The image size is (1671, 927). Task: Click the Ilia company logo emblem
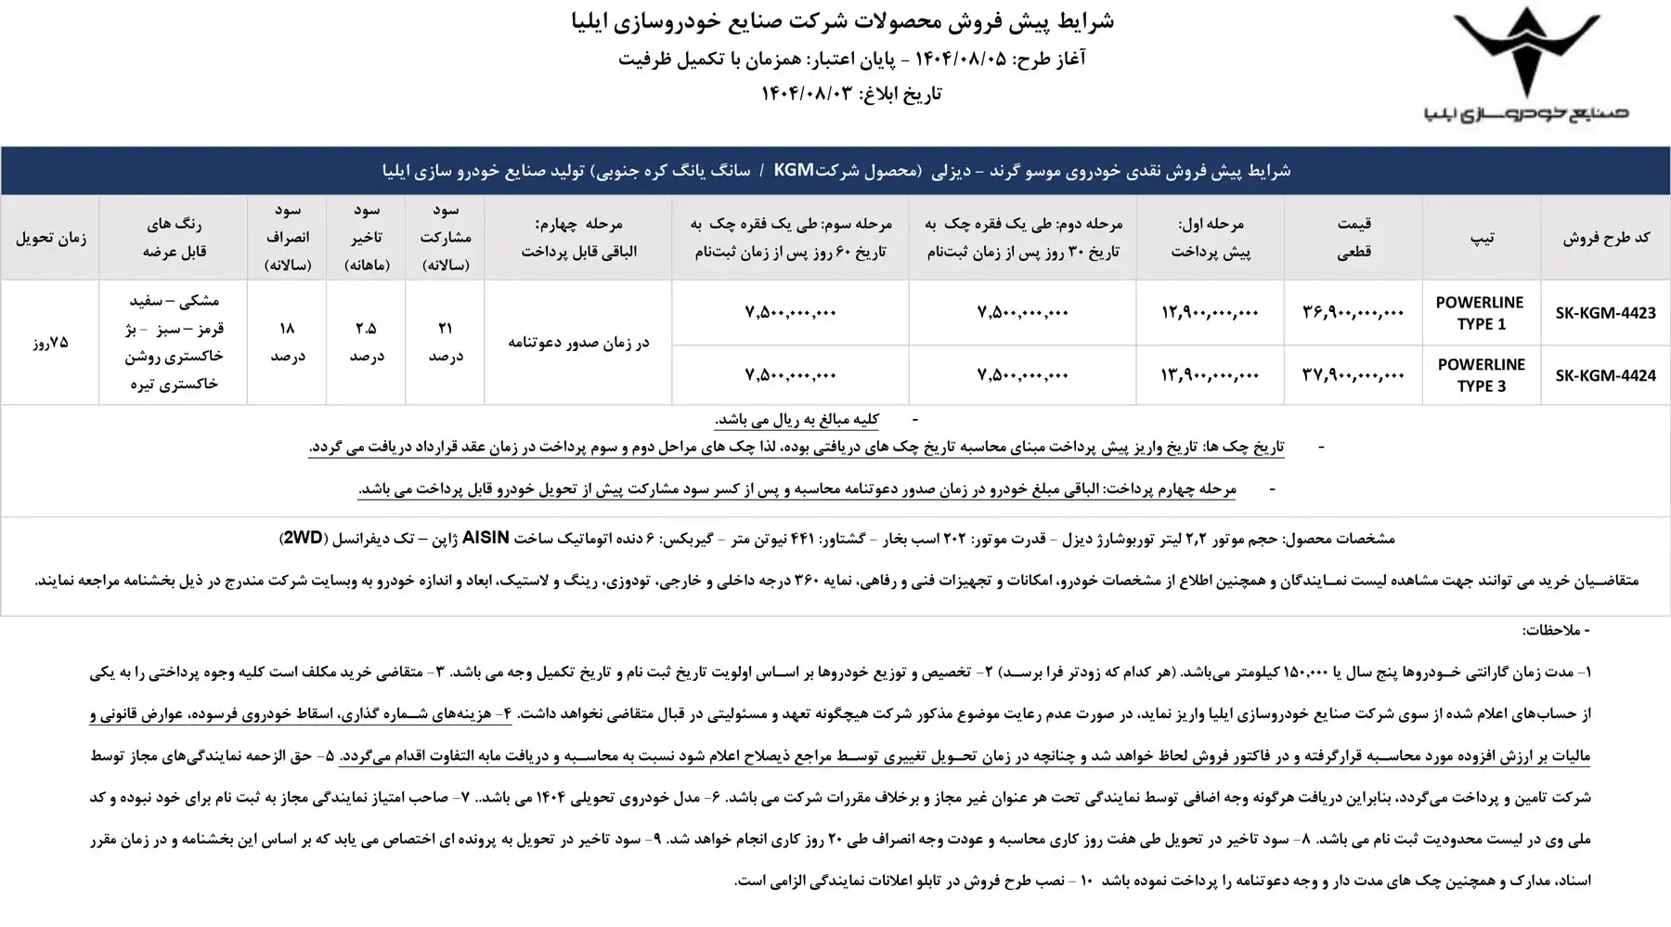(x=1527, y=56)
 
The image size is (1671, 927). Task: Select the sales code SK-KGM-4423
(x=1605, y=313)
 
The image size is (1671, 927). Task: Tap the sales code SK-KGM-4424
(x=1605, y=375)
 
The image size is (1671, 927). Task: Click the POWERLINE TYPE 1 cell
(x=1480, y=313)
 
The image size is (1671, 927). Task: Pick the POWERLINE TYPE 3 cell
(x=1480, y=375)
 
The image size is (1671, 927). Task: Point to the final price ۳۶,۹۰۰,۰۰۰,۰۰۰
(x=1354, y=313)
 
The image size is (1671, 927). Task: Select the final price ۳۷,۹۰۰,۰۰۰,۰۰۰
(x=1354, y=375)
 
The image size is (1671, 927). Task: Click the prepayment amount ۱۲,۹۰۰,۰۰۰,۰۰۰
(x=1210, y=313)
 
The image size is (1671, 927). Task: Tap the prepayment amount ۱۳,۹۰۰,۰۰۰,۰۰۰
(x=1210, y=375)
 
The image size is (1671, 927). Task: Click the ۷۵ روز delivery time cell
(x=50, y=343)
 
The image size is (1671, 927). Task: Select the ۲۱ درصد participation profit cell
(x=446, y=342)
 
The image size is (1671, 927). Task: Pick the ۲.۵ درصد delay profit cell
(x=366, y=342)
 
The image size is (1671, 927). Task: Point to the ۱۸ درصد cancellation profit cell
(x=287, y=342)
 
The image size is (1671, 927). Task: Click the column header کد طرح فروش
(x=1606, y=238)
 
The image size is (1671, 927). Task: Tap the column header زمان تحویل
(x=50, y=238)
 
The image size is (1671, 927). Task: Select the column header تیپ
(x=1482, y=238)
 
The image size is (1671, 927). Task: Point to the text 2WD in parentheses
(x=303, y=538)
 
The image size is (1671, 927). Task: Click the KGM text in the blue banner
(x=794, y=170)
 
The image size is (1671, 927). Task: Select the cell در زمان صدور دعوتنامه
(x=577, y=343)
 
